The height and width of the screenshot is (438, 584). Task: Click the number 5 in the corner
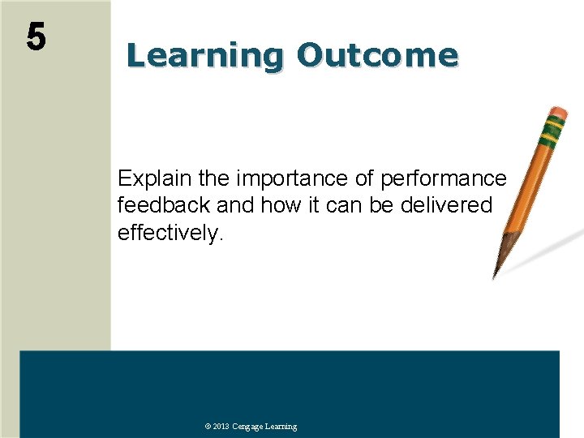(x=36, y=36)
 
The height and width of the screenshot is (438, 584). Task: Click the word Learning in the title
(x=204, y=56)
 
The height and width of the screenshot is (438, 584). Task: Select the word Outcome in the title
(x=377, y=56)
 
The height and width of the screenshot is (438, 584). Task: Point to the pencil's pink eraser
(x=558, y=111)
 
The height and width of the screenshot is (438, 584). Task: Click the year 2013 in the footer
(x=221, y=427)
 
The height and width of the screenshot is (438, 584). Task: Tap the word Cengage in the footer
(x=247, y=427)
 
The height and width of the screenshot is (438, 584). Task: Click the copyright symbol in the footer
(x=208, y=427)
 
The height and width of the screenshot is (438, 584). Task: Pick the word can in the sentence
(x=348, y=206)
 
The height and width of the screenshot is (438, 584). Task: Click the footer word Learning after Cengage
(x=281, y=427)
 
